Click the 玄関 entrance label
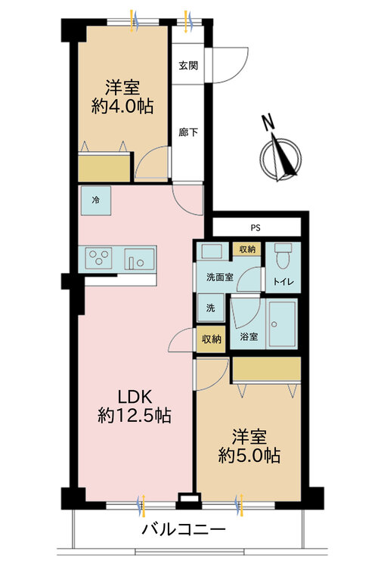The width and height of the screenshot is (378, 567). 189,66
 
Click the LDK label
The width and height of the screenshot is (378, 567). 135,395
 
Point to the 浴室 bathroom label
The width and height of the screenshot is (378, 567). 249,336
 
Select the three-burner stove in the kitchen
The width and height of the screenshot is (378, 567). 99,259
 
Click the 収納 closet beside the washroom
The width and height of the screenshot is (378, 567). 247,249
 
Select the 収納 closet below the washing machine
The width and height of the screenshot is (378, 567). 210,339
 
